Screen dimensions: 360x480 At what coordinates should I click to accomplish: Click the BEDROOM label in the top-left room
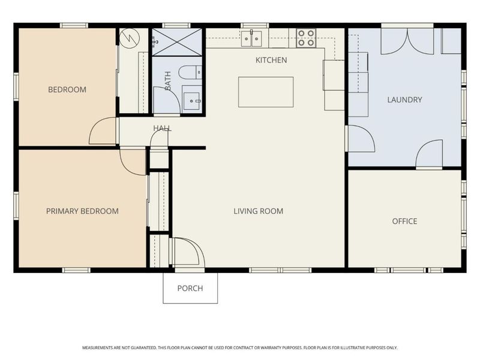pos(67,90)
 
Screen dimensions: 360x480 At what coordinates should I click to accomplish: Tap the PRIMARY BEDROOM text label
pos(82,211)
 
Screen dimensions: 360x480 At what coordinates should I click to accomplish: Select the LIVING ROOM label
pos(258,211)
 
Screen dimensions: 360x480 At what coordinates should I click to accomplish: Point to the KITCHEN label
pos(271,60)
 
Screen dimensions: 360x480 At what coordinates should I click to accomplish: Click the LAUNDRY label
pos(404,100)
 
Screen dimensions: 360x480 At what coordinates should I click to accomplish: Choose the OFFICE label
pos(404,221)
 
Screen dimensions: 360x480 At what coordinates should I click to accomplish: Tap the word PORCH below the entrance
pos(190,289)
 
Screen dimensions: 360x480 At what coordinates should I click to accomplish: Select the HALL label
pos(162,128)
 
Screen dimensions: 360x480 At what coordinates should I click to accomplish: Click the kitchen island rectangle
pos(266,92)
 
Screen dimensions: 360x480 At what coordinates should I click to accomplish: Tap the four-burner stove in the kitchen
pos(306,38)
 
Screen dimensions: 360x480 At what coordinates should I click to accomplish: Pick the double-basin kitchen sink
pos(251,38)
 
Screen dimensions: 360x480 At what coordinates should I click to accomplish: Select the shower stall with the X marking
pos(177,42)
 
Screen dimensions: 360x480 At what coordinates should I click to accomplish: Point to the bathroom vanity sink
pos(192,100)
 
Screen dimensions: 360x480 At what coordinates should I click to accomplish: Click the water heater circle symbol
pos(129,38)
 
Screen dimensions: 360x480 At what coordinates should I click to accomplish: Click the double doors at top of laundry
pos(408,41)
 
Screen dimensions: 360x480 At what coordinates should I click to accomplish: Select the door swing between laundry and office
pos(430,155)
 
